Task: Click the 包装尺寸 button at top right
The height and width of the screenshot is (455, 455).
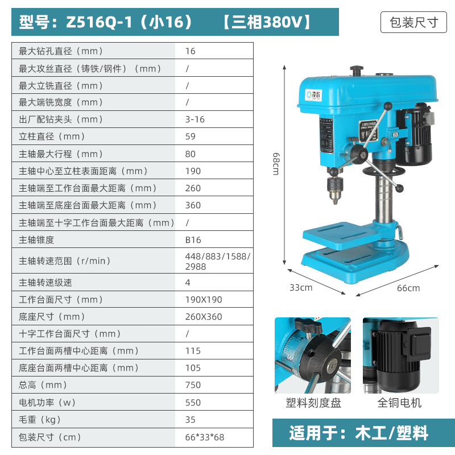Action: (x=413, y=22)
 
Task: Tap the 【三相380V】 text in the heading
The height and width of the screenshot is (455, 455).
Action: (x=267, y=22)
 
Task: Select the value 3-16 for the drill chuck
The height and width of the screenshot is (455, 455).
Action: (x=195, y=119)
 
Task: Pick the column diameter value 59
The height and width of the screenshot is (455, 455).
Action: (x=190, y=136)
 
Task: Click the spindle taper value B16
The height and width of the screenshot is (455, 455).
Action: (x=193, y=240)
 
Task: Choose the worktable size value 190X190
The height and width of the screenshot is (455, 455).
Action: (x=204, y=299)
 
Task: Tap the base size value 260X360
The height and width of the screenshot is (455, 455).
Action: (x=204, y=316)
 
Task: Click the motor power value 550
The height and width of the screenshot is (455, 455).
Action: (x=193, y=402)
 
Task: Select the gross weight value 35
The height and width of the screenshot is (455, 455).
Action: (x=190, y=419)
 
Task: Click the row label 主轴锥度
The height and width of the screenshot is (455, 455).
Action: (x=37, y=240)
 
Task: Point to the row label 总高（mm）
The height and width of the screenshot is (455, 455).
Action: (x=43, y=385)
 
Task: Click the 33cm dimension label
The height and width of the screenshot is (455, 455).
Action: (x=301, y=287)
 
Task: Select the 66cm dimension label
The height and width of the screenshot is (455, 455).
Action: (x=408, y=288)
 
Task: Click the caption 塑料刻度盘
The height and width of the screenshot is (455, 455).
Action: (x=313, y=403)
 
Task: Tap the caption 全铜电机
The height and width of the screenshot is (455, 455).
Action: (x=400, y=403)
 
